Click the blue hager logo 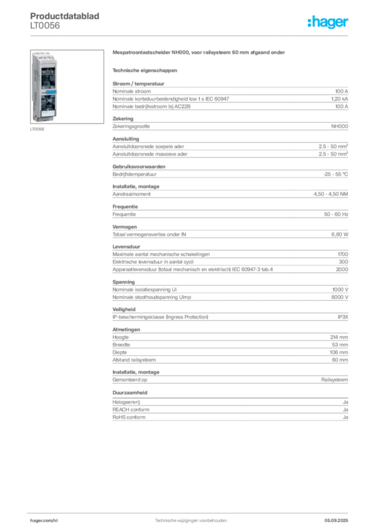click(329, 23)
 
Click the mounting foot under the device click(45, 123)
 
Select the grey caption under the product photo click(37, 130)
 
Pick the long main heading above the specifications click(198, 53)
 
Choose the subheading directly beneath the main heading click(145, 69)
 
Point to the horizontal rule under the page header click(191, 35)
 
